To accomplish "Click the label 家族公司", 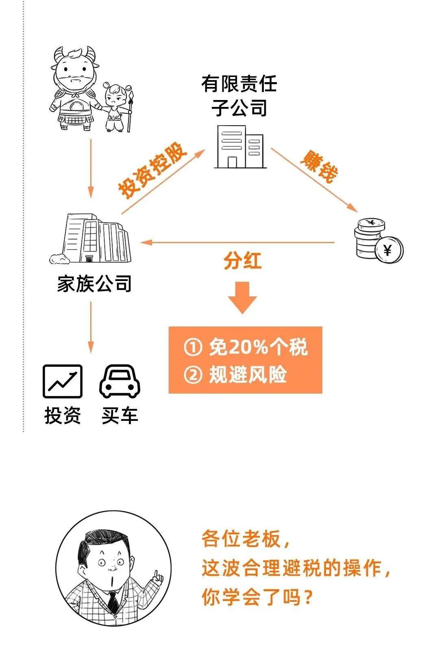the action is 94,284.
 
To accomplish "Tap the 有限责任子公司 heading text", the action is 239,96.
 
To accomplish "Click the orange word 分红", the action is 243,261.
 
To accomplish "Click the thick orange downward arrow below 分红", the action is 242,298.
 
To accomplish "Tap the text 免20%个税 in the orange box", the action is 258,347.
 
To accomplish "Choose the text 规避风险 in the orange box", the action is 248,374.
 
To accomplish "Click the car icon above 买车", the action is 120,381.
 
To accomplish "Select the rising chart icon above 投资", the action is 63,381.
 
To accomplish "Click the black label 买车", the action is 120,416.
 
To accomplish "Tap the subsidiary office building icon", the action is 240,147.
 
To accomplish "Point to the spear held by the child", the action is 130,111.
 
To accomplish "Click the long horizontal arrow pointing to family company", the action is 237,242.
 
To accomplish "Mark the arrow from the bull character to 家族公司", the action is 91,169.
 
